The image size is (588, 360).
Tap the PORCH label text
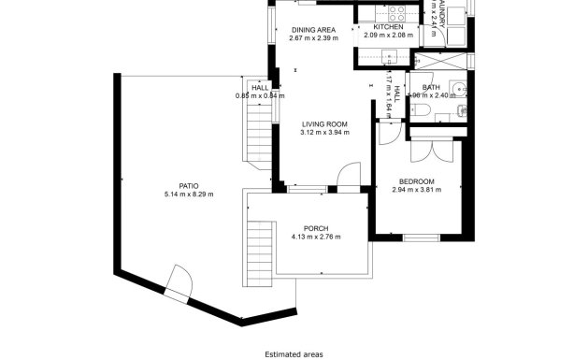click(316, 228)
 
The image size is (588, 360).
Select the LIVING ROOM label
click(323, 124)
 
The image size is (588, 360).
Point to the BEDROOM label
click(416, 181)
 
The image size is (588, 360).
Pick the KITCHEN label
click(388, 27)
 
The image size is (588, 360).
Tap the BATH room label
click(431, 87)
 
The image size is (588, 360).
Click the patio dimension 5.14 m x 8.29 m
click(189, 194)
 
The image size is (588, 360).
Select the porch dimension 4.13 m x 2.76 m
click(316, 237)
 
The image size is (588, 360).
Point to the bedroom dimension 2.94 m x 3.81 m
click(416, 190)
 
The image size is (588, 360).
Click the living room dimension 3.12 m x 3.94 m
click(323, 133)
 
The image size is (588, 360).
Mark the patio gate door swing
click(179, 280)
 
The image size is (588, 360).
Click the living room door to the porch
click(348, 177)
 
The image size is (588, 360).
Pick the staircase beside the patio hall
click(255, 131)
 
